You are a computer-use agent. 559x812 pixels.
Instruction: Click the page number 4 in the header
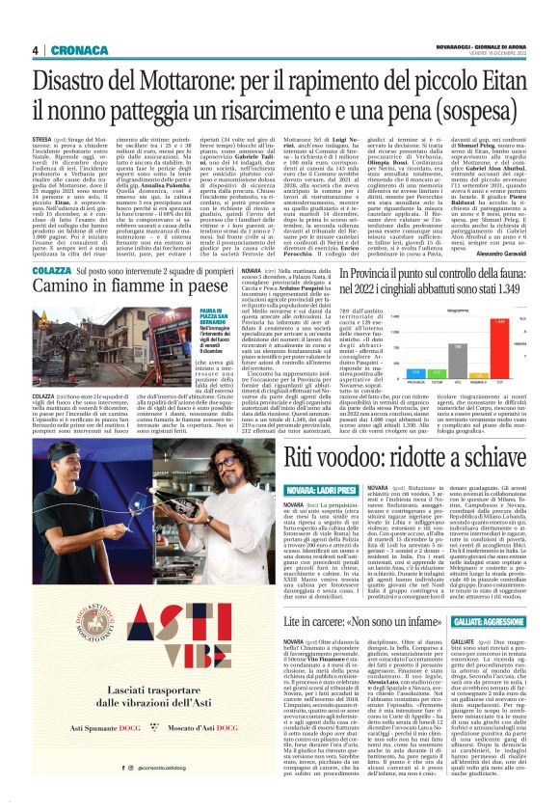pos(35,50)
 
